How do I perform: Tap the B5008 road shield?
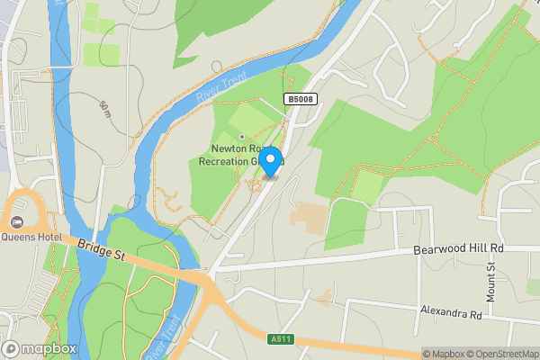point(301,99)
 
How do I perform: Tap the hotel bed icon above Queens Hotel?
point(15,221)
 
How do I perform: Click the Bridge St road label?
point(100,250)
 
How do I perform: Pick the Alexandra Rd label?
point(451,313)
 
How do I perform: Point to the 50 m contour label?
point(105,110)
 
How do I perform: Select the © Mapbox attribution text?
point(442,354)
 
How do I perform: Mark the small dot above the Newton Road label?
point(241,137)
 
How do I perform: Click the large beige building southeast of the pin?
point(309,216)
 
